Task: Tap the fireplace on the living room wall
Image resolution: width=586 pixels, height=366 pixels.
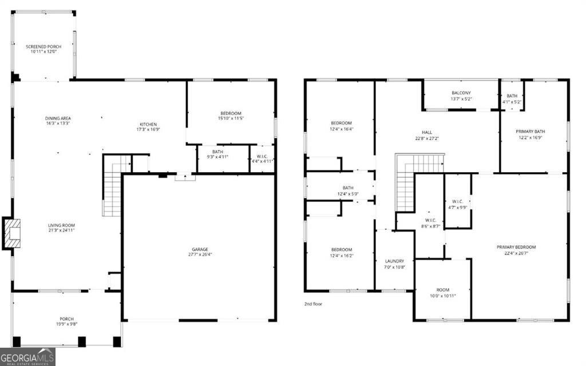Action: coord(11,233)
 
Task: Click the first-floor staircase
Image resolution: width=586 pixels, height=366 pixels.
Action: coord(112,186)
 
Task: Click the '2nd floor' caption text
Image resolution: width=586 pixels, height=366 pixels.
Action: coord(313,304)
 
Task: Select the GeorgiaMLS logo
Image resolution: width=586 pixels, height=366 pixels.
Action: coord(27,356)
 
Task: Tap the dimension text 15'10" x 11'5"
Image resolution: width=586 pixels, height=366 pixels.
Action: coord(231,118)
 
